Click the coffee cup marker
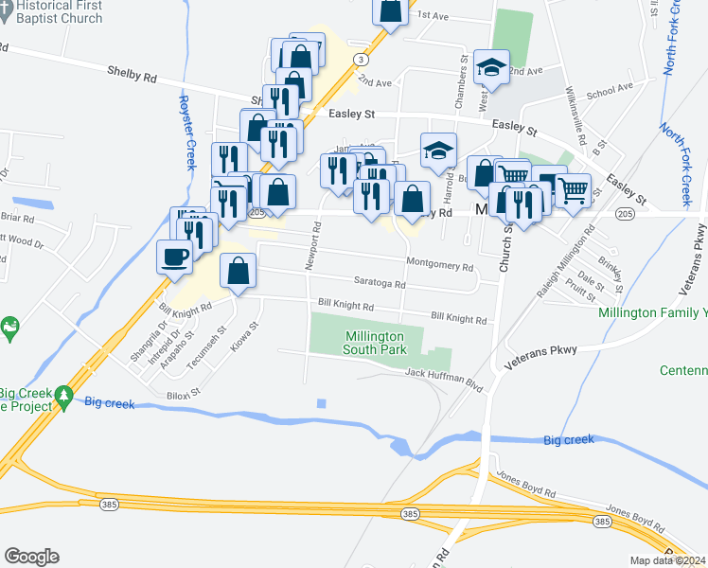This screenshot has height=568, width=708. (175, 257)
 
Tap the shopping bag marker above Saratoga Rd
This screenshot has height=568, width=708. (238, 271)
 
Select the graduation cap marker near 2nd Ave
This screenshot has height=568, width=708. (491, 66)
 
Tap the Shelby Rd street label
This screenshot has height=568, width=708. (132, 71)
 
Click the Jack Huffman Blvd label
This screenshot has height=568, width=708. (450, 375)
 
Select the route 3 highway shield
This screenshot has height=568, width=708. (361, 59)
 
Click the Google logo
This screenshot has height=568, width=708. (31, 557)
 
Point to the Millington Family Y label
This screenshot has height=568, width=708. (653, 312)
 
